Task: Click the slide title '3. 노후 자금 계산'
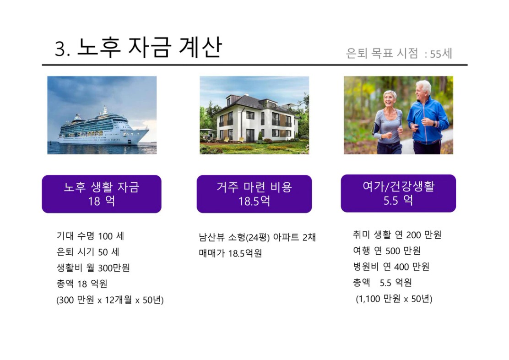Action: click(138, 48)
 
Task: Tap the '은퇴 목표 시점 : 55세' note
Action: click(399, 53)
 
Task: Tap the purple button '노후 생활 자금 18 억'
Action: click(102, 194)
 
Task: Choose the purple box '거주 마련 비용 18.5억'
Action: click(254, 194)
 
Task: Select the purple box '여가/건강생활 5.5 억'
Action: click(398, 193)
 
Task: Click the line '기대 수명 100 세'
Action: click(90, 236)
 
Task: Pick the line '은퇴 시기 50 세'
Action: click(88, 252)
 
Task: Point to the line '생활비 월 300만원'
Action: click(93, 268)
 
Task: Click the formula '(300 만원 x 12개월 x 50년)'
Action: click(110, 300)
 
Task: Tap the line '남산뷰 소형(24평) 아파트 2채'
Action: click(257, 237)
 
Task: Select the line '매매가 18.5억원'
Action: click(231, 253)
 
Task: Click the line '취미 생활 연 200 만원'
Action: click(397, 235)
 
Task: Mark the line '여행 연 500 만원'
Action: click(387, 251)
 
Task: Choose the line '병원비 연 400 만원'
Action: click(391, 267)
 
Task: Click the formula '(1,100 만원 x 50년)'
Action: click(394, 299)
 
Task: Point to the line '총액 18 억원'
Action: click(82, 284)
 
